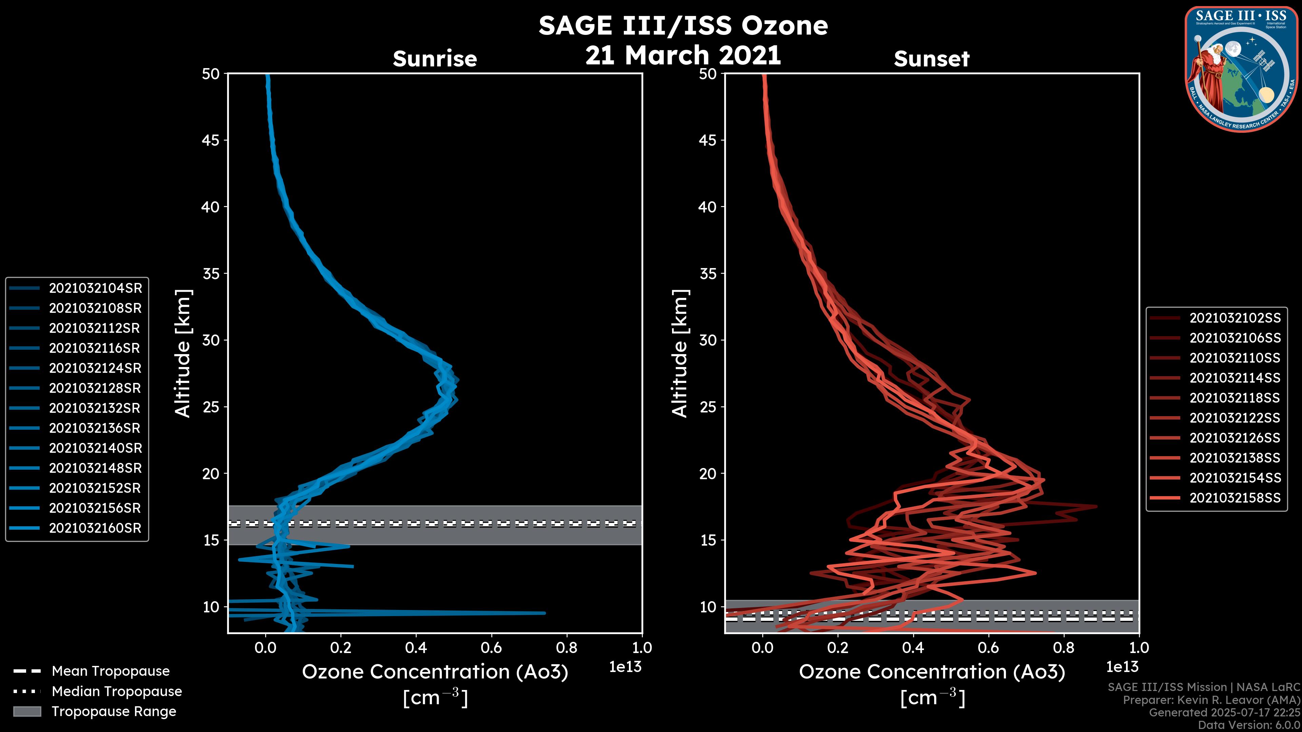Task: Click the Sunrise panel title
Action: point(435,59)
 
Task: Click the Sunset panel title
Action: point(931,59)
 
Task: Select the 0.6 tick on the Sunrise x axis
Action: point(491,647)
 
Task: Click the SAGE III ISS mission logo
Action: point(1241,69)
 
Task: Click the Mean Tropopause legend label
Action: point(111,671)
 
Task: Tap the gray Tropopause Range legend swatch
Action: point(27,711)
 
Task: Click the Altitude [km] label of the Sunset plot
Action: point(680,353)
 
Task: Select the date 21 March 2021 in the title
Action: point(683,55)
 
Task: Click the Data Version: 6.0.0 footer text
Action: point(1249,726)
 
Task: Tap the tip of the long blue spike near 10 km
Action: point(544,613)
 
